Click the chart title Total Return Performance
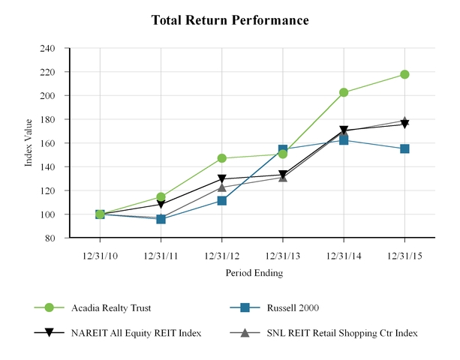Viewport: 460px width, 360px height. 230,20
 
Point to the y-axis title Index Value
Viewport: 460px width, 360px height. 29,143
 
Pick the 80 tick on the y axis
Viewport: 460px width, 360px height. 50,238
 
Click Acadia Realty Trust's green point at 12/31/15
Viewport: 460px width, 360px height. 404,74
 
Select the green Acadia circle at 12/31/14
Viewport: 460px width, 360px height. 344,92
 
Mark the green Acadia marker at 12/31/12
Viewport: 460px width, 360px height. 222,158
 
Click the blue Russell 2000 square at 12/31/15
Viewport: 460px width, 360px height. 404,148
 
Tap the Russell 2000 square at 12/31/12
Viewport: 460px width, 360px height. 222,201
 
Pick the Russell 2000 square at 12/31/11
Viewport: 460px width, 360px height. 161,219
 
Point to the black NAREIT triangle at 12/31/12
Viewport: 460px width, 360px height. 222,179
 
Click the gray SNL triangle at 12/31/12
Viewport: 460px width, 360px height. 222,187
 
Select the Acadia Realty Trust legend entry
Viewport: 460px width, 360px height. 105,307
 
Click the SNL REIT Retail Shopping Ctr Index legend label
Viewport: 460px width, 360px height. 341,332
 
